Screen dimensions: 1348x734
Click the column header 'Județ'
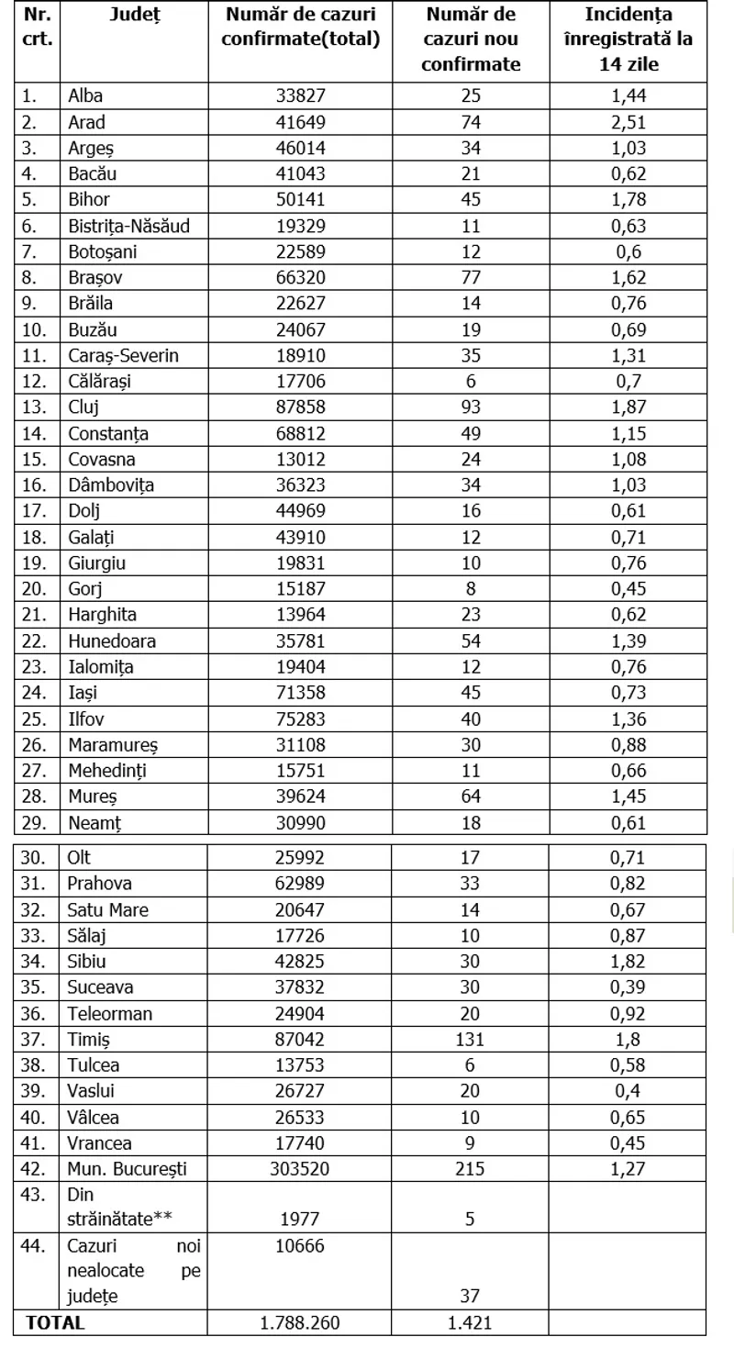pyautogui.click(x=132, y=15)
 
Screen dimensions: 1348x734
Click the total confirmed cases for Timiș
pyautogui.click(x=300, y=1040)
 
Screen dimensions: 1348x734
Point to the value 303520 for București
pyautogui.click(x=300, y=1169)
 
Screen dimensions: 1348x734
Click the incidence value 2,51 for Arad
pyautogui.click(x=628, y=122)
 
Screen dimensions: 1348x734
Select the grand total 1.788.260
pyautogui.click(x=300, y=1323)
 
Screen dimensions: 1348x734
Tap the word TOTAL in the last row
pyautogui.click(x=55, y=1323)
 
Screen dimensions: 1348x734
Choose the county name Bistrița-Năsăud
pyautogui.click(x=128, y=226)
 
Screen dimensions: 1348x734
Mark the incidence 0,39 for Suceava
pyautogui.click(x=628, y=987)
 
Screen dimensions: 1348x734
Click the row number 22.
pyautogui.click(x=33, y=641)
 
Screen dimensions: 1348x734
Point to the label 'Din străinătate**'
pyautogui.click(x=120, y=1207)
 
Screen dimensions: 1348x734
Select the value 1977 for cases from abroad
pyautogui.click(x=300, y=1219)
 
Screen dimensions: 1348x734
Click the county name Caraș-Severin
pyautogui.click(x=123, y=355)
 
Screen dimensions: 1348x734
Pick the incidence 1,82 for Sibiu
pyautogui.click(x=628, y=962)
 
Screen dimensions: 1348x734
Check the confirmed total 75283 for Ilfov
pyautogui.click(x=300, y=719)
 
